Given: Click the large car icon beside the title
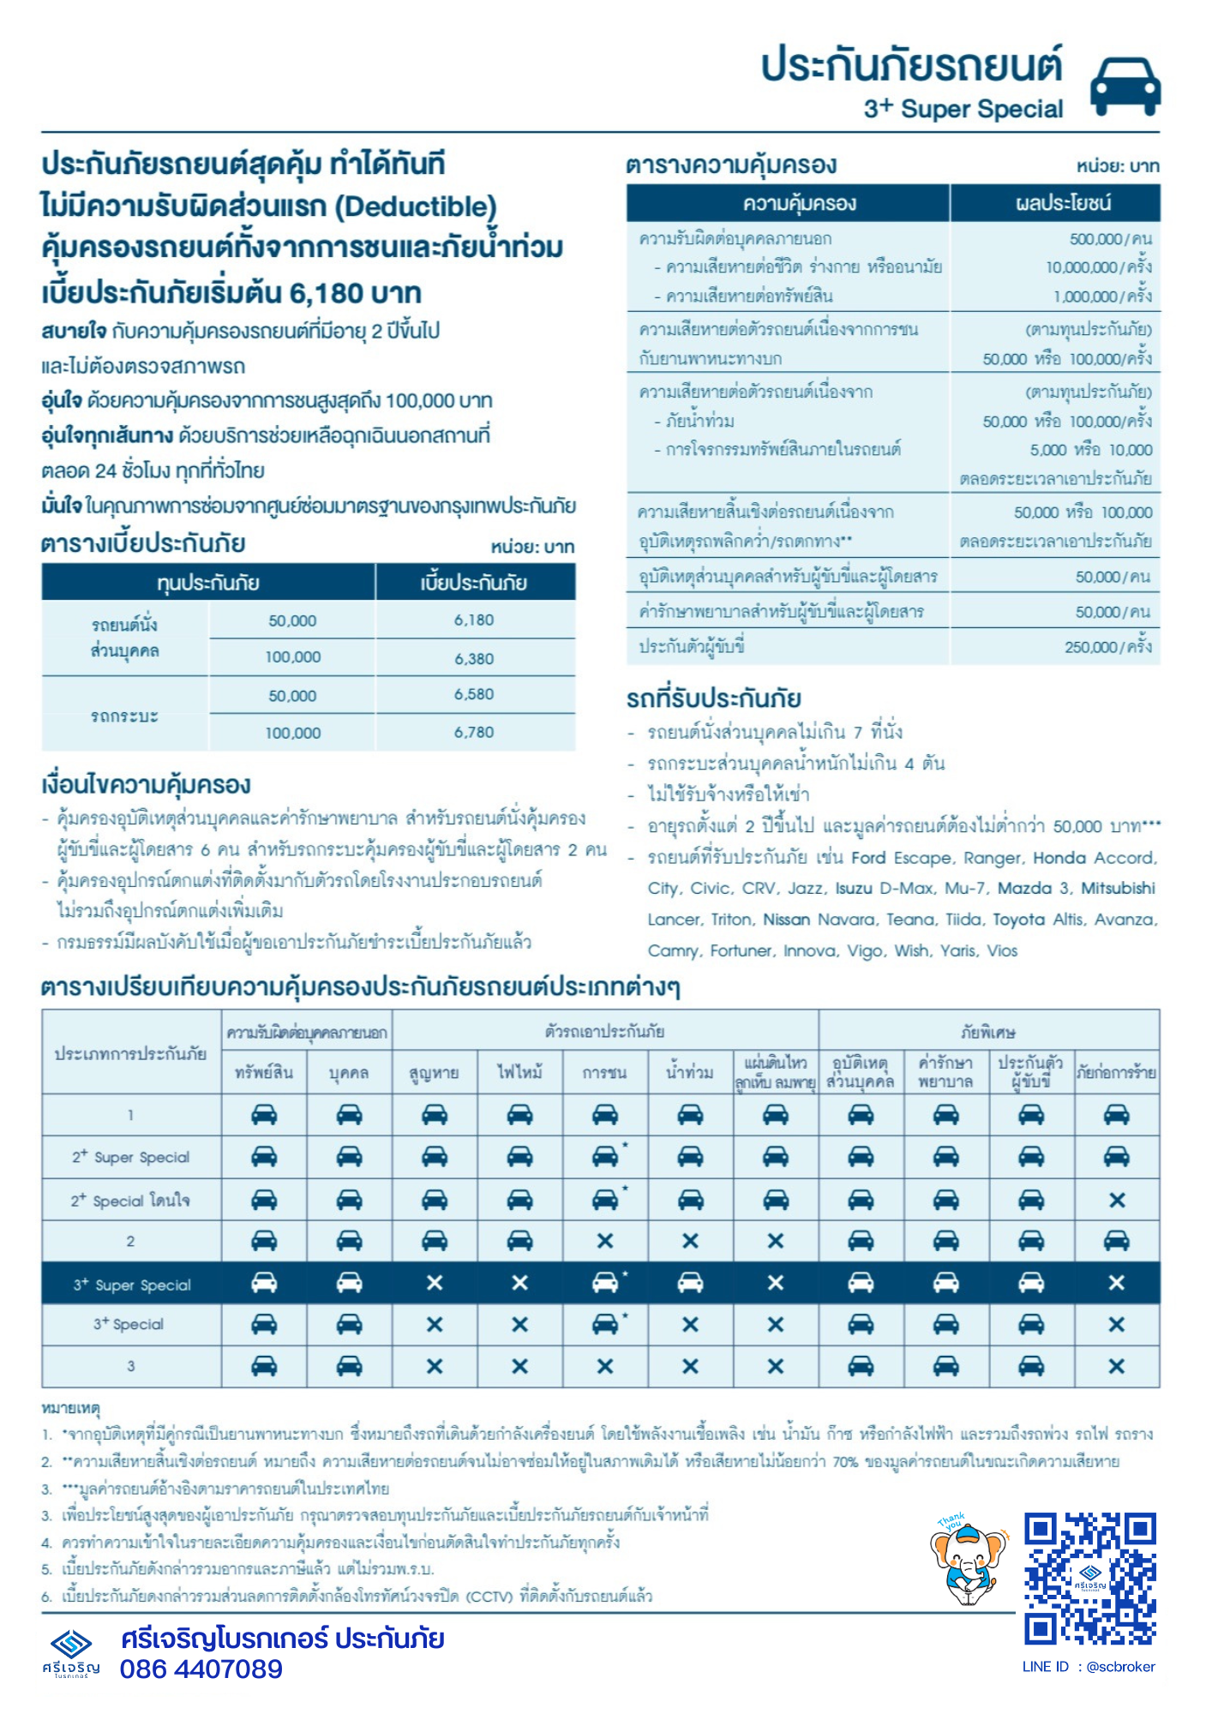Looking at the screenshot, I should tap(1125, 86).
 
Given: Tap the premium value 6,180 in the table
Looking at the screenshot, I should tap(474, 620).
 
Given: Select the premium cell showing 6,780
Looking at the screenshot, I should tap(474, 732).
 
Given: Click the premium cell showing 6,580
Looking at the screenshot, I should tap(474, 694).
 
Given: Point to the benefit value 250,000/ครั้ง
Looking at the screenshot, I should tap(1107, 647).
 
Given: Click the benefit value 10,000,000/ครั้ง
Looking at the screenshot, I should tap(1098, 267).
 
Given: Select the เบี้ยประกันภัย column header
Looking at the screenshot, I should tap(474, 583).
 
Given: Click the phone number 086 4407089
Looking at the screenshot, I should tap(201, 1669).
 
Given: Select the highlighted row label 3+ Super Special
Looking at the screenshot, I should tap(131, 1285).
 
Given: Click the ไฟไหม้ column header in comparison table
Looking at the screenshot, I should tap(519, 1072).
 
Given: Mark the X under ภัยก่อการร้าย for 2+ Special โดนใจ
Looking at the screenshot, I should tap(1116, 1200).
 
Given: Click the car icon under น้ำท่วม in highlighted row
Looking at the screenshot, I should tap(690, 1283).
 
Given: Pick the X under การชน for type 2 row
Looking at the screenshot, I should tap(604, 1241).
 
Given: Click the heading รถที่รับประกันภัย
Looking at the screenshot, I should tap(713, 698).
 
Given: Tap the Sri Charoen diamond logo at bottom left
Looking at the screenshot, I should tap(71, 1645).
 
